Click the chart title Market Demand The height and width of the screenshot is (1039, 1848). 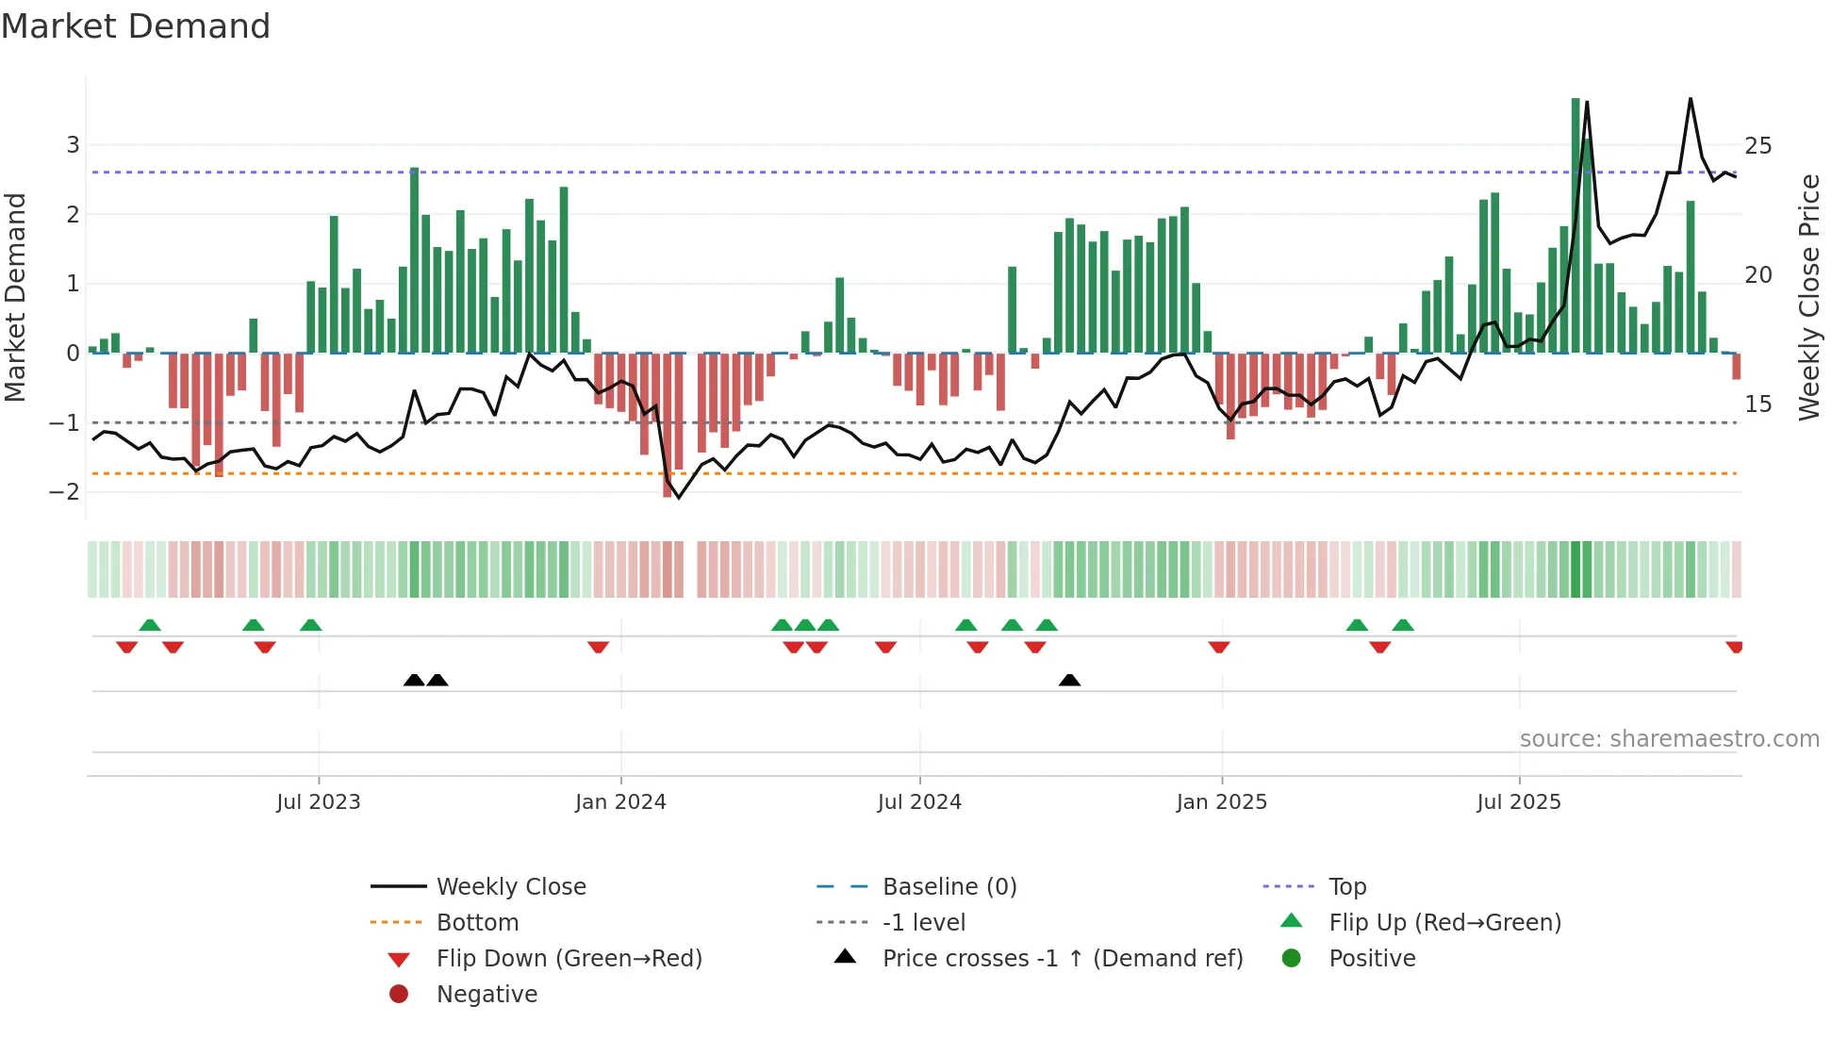click(136, 26)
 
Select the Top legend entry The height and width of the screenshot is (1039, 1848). click(1346, 887)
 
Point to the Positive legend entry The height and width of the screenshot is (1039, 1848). click(1371, 959)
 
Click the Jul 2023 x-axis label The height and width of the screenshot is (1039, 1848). click(318, 802)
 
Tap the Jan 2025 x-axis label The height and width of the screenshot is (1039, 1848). click(1221, 802)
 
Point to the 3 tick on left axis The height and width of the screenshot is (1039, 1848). click(73, 145)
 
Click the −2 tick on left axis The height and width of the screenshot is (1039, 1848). click(65, 492)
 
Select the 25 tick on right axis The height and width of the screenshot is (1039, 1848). click(1757, 146)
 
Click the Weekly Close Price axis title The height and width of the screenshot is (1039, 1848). click(1808, 297)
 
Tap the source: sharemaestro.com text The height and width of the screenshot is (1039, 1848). click(1669, 739)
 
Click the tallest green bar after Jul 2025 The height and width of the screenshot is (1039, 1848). click(1576, 226)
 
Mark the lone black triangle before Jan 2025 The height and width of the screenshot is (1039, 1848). click(1069, 680)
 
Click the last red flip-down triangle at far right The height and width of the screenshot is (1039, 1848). click(1734, 647)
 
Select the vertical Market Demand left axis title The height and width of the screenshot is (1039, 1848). click(15, 297)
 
